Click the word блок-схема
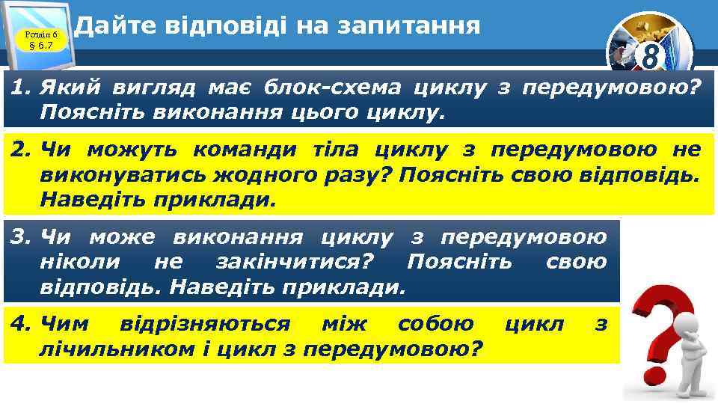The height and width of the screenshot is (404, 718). pyautogui.click(x=317, y=88)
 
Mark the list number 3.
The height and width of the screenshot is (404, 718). pyautogui.click(x=19, y=238)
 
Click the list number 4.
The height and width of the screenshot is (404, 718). pyautogui.click(x=19, y=324)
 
